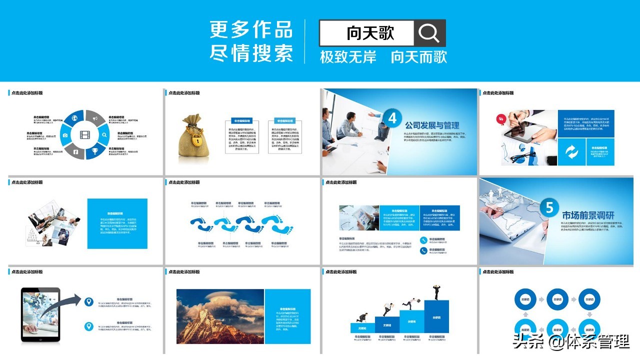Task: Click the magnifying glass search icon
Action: point(429,33)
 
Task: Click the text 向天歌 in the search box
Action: point(370,33)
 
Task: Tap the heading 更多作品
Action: point(251,29)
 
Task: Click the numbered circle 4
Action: point(392,118)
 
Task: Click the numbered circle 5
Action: point(549,207)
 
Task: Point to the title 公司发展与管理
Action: point(432,125)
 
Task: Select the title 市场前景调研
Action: point(588,215)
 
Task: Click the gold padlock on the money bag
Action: point(197,141)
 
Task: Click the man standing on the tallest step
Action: point(436,291)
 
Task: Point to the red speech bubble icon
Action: point(500,119)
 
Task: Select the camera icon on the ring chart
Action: point(65,135)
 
